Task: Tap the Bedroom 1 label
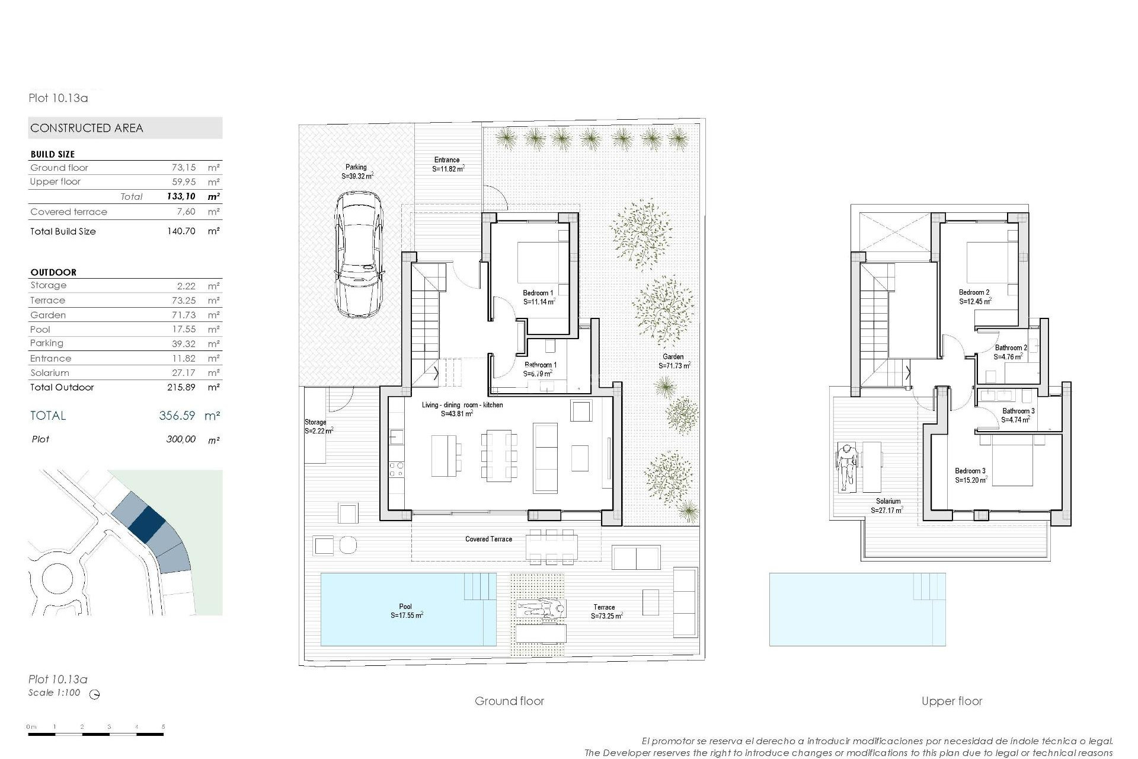click(x=538, y=293)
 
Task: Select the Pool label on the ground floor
click(x=405, y=607)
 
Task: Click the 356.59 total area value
click(x=177, y=416)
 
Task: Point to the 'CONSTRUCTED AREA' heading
click(x=87, y=128)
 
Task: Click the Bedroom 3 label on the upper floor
click(x=970, y=471)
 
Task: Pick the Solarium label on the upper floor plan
click(x=888, y=501)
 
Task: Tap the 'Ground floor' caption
click(x=509, y=701)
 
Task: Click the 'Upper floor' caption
click(x=952, y=701)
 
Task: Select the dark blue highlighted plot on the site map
click(x=146, y=522)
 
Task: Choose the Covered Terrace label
click(x=488, y=539)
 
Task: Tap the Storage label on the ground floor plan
click(x=315, y=422)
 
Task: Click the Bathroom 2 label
click(x=1011, y=348)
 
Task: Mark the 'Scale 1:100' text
click(x=54, y=693)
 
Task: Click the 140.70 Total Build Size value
click(x=181, y=231)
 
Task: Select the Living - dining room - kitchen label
click(x=462, y=405)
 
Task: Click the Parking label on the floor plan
click(x=356, y=167)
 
